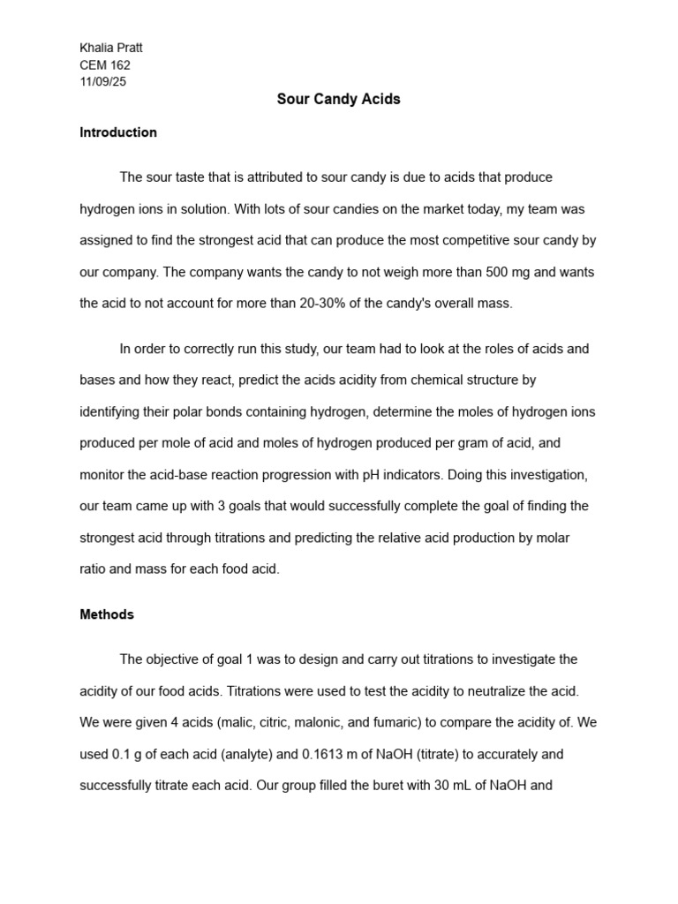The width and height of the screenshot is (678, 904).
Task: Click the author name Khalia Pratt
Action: click(x=111, y=48)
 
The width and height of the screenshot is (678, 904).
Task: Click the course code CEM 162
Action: click(x=105, y=64)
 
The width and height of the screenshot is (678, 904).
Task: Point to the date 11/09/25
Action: click(x=103, y=81)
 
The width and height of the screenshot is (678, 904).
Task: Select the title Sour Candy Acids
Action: click(x=338, y=99)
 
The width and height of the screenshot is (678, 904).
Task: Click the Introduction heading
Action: click(x=118, y=132)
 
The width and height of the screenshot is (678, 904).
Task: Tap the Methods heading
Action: click(x=107, y=614)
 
